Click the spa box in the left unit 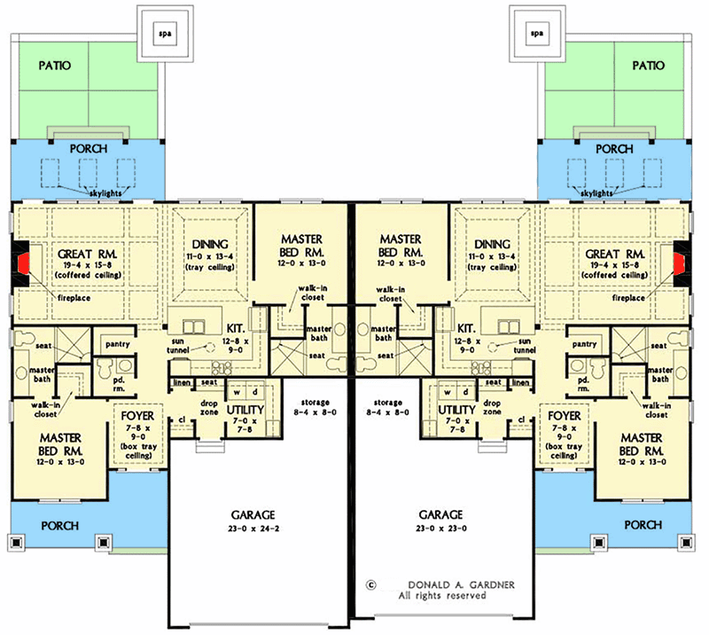tap(165, 34)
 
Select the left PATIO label tap(55, 66)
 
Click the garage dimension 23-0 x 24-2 tap(253, 529)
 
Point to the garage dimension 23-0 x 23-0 tap(440, 529)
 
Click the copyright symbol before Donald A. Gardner tap(370, 584)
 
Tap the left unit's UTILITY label tap(245, 410)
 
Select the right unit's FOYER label tap(564, 415)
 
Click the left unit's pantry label tap(118, 344)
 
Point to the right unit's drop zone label tap(492, 407)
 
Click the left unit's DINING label tap(210, 245)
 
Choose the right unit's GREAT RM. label tap(614, 255)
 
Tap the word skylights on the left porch tap(105, 193)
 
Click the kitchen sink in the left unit tap(193, 326)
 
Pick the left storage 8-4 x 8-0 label tap(316, 407)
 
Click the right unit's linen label tap(520, 382)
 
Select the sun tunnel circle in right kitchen tap(495, 348)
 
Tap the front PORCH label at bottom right tap(643, 525)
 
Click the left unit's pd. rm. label tap(119, 384)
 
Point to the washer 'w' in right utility tap(448, 392)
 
